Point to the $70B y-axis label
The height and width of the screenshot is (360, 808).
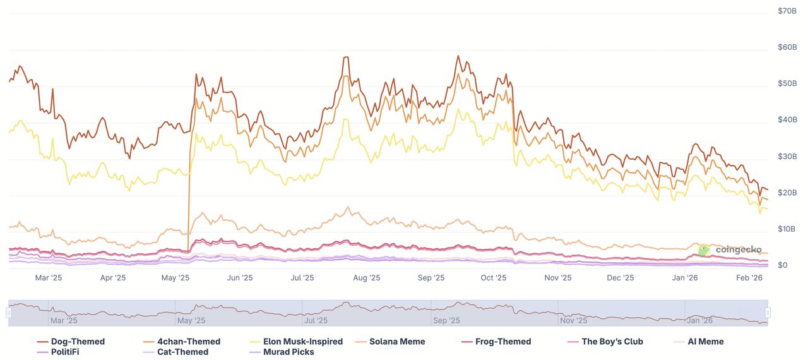tap(788, 11)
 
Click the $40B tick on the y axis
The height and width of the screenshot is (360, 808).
tap(788, 120)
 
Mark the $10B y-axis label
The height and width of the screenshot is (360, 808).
tap(788, 229)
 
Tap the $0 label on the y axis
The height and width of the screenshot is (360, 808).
tap(783, 265)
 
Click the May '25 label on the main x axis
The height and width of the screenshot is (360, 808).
tap(177, 277)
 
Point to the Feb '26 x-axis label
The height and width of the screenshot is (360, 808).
tap(749, 277)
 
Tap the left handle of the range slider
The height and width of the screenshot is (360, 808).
tap(9, 313)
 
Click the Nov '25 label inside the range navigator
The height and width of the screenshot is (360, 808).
tap(574, 320)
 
